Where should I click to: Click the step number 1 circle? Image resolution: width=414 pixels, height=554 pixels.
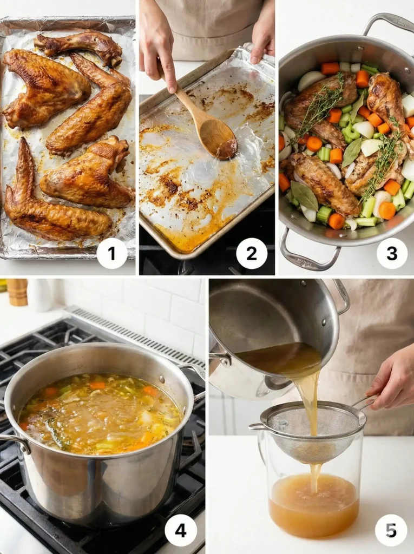pos(112,253)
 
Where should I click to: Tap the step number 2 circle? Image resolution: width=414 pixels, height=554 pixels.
pos(252,253)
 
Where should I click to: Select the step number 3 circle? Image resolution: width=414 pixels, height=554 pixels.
pos(392,253)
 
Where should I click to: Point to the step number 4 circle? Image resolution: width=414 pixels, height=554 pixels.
pos(181,530)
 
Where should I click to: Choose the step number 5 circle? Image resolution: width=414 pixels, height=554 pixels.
pos(391,530)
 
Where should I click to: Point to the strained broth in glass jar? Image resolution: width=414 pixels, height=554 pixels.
pos(313,503)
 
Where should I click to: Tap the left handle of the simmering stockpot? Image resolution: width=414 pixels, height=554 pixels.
pos(15,441)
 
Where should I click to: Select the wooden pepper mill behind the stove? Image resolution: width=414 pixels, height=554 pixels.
pos(17,292)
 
